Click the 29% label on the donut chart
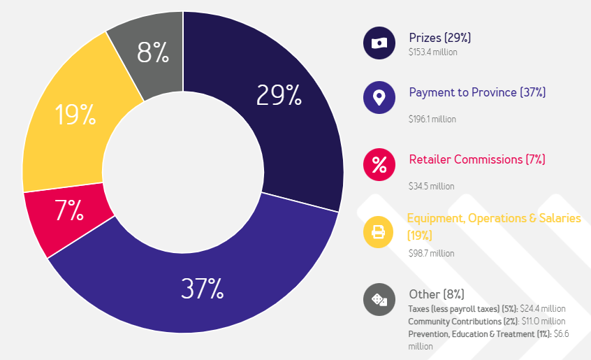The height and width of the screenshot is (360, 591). (279, 95)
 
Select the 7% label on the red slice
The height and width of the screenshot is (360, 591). (70, 210)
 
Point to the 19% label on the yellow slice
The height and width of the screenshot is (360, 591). (75, 115)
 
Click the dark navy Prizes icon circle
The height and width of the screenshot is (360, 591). (379, 43)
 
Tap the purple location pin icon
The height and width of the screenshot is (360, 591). (379, 97)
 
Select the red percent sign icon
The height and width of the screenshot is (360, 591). (379, 164)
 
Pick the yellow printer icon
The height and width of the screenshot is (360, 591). (379, 232)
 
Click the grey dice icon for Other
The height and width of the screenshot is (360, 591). (379, 300)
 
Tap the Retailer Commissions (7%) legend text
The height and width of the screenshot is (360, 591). (476, 159)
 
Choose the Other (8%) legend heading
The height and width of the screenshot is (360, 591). (436, 294)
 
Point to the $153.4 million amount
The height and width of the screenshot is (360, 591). (432, 51)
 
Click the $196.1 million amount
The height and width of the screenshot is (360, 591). (432, 119)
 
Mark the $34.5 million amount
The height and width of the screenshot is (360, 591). (431, 186)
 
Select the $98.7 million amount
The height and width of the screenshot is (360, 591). (431, 253)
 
